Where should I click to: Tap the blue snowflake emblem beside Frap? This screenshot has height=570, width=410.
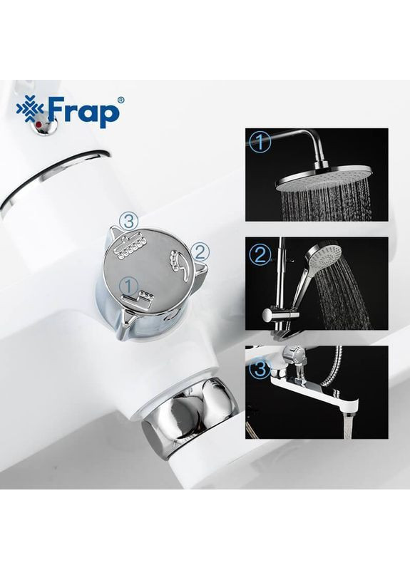point(31,108)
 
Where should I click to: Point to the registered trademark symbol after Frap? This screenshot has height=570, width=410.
point(119,100)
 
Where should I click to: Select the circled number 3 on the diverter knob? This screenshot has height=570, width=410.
point(128,222)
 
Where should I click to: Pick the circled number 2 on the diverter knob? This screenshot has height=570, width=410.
point(200,250)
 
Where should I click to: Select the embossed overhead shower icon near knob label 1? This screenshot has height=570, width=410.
point(145,300)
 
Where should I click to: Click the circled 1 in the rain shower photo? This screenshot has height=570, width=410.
point(261,142)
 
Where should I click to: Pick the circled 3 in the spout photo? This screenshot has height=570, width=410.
point(260,368)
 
